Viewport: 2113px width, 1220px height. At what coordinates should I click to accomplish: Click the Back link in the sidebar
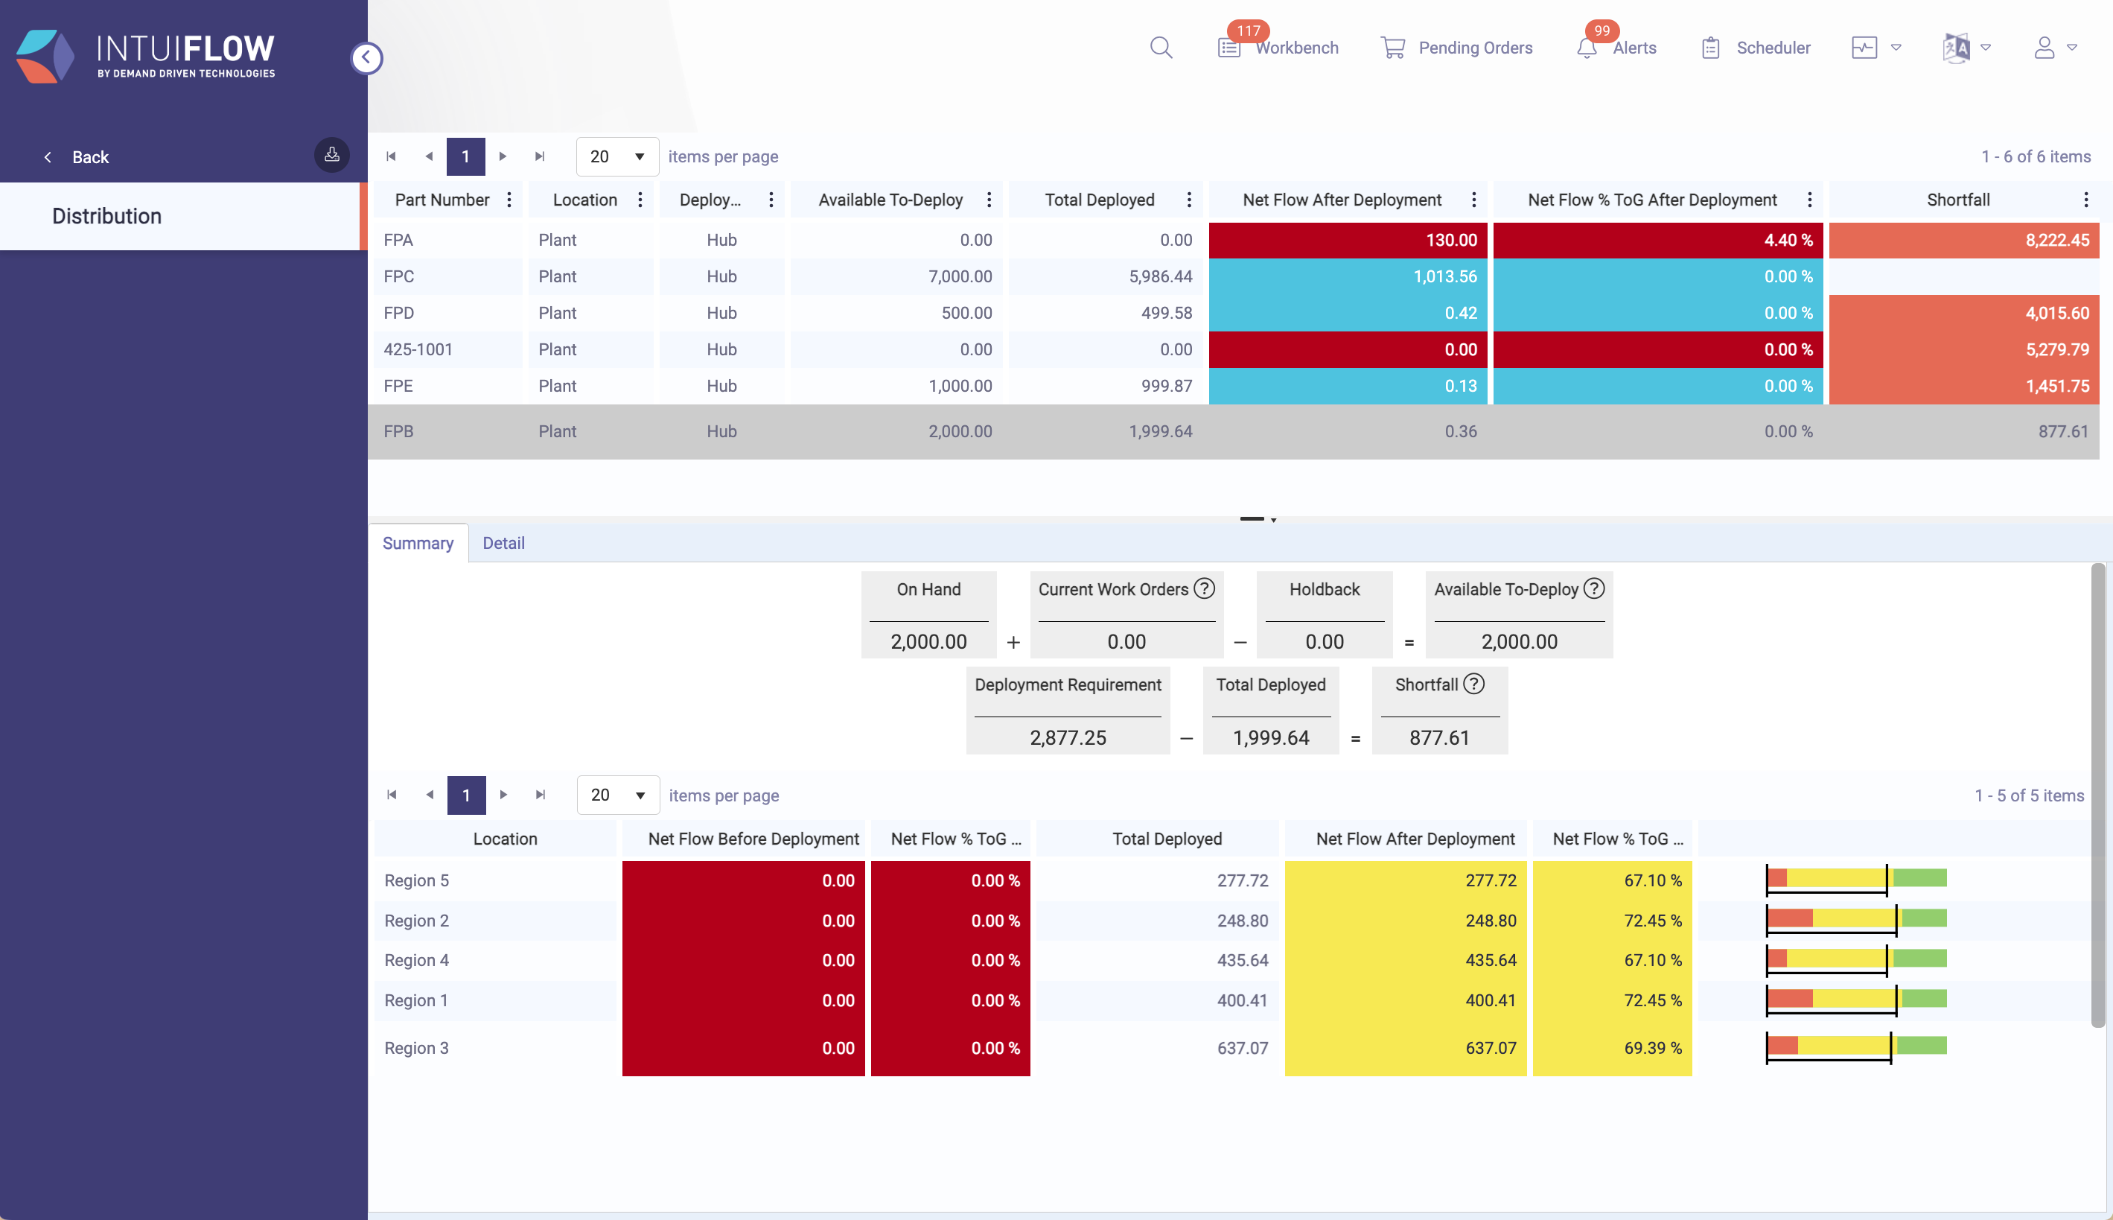tap(89, 158)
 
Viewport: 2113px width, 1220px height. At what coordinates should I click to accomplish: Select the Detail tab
tap(503, 543)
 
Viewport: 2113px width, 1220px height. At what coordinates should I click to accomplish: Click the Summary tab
tap(418, 543)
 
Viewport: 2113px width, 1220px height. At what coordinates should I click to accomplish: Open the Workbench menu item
tap(1295, 48)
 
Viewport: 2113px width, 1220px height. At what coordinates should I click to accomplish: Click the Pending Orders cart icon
tap(1393, 48)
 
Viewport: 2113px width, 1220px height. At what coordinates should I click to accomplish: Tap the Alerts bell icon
tap(1586, 48)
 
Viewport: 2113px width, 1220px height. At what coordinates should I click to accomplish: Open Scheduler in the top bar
tap(1772, 48)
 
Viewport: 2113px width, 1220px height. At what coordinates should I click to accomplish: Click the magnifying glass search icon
tap(1161, 48)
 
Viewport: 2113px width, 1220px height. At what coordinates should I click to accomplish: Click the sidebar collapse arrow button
tap(366, 58)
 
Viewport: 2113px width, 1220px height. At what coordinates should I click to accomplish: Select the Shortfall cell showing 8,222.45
tap(1963, 241)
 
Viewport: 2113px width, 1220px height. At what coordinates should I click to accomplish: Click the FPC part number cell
tap(445, 276)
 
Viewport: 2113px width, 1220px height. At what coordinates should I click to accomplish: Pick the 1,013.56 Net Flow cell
tap(1347, 276)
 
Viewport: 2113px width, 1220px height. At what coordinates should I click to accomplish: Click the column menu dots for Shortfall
tap(2085, 200)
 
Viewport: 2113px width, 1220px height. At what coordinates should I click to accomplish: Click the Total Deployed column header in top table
tap(1099, 200)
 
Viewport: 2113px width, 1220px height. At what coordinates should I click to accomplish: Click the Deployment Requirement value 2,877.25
tap(1067, 737)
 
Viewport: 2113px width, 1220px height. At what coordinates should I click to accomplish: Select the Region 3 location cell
tap(494, 1048)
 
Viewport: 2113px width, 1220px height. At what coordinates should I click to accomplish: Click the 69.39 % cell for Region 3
tap(1611, 1048)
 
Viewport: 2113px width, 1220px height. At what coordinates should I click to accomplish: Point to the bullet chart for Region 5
tap(1856, 879)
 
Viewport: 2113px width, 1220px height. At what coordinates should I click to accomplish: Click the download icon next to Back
tap(331, 155)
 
